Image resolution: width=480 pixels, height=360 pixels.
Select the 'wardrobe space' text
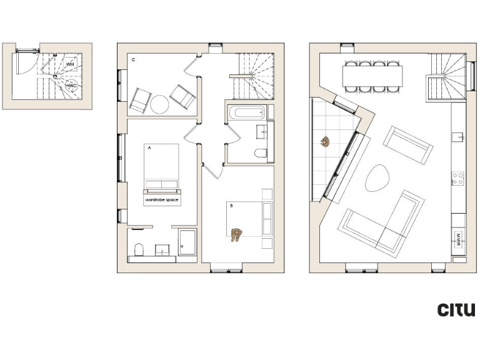162,200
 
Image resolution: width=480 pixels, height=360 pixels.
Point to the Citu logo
456,309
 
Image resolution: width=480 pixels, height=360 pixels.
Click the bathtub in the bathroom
247,114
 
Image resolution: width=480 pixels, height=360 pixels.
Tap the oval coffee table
377,178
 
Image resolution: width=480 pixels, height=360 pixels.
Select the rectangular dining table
372,76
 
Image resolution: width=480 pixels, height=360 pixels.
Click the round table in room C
159,104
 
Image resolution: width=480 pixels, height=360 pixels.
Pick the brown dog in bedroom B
236,234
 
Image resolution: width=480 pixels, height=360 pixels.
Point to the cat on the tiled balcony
325,142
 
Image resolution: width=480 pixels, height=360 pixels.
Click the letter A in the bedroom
149,149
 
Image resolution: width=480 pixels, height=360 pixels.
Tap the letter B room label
231,206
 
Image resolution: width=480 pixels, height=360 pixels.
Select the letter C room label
134,60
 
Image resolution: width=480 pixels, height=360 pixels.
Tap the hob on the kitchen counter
458,179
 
